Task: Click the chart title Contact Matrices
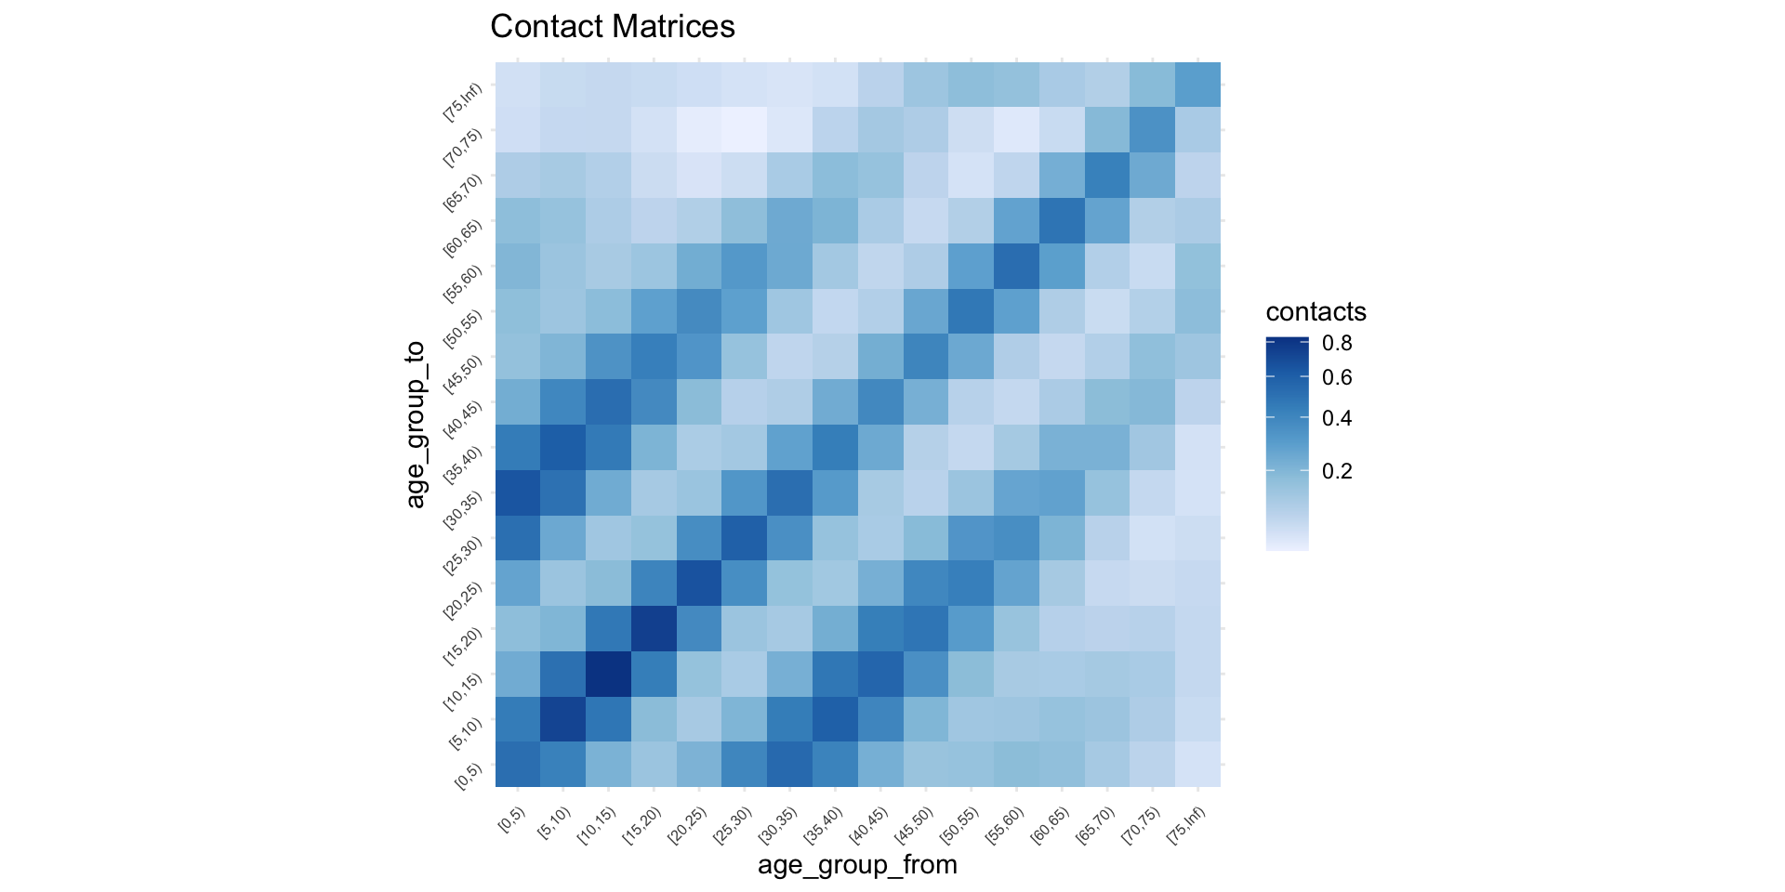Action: click(x=612, y=27)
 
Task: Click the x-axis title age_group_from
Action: click(x=857, y=865)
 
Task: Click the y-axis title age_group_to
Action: click(x=415, y=425)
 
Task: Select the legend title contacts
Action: click(x=1316, y=311)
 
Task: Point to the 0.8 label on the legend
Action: click(x=1337, y=343)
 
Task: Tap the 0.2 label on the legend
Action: click(x=1337, y=471)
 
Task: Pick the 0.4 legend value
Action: click(x=1337, y=418)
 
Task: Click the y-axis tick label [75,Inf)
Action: click(x=463, y=102)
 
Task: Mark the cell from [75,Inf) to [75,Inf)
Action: click(x=1197, y=85)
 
